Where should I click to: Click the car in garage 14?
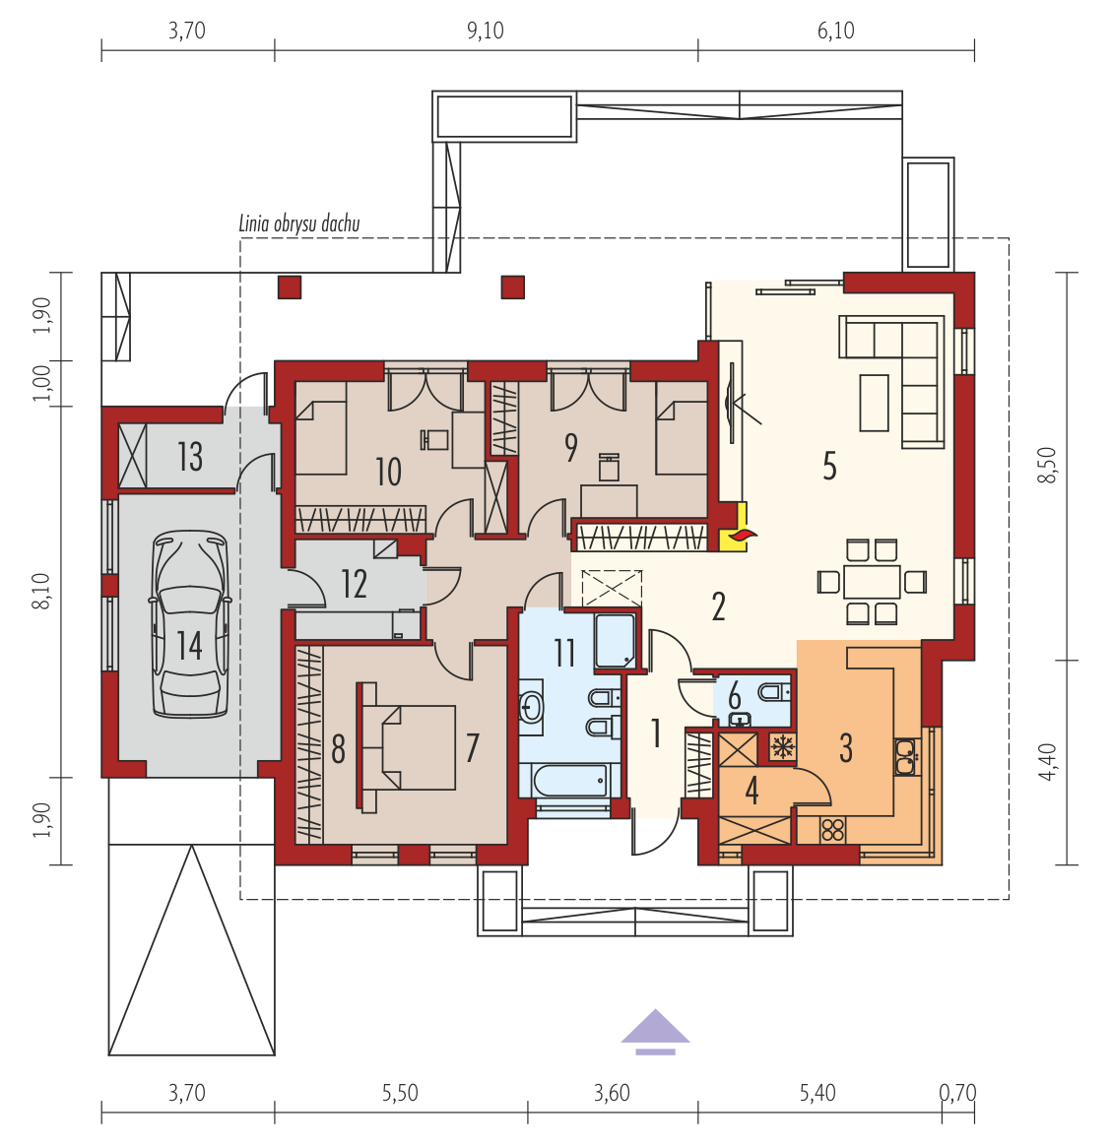pyautogui.click(x=190, y=624)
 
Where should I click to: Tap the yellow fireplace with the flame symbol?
pyautogui.click(x=734, y=527)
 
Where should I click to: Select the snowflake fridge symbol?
pyautogui.click(x=782, y=747)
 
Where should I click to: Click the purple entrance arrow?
pyautogui.click(x=655, y=1032)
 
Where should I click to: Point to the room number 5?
pyautogui.click(x=829, y=466)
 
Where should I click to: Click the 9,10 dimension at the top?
pyautogui.click(x=486, y=31)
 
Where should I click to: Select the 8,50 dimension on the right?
pyautogui.click(x=1048, y=466)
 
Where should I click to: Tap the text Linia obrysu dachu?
pyautogui.click(x=299, y=223)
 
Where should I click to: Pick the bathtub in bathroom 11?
pyautogui.click(x=570, y=781)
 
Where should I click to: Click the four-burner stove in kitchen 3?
pyautogui.click(x=833, y=830)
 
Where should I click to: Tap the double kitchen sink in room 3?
pyautogui.click(x=906, y=756)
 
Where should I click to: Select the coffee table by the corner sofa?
pyautogui.click(x=874, y=403)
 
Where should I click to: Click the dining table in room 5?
pyautogui.click(x=872, y=582)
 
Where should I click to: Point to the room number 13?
pyautogui.click(x=189, y=457)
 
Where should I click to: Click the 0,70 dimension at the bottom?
pyautogui.click(x=957, y=1093)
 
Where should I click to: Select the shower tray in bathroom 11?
pyautogui.click(x=616, y=641)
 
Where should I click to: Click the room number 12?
pyautogui.click(x=355, y=584)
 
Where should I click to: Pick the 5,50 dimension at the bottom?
pyautogui.click(x=400, y=1093)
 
